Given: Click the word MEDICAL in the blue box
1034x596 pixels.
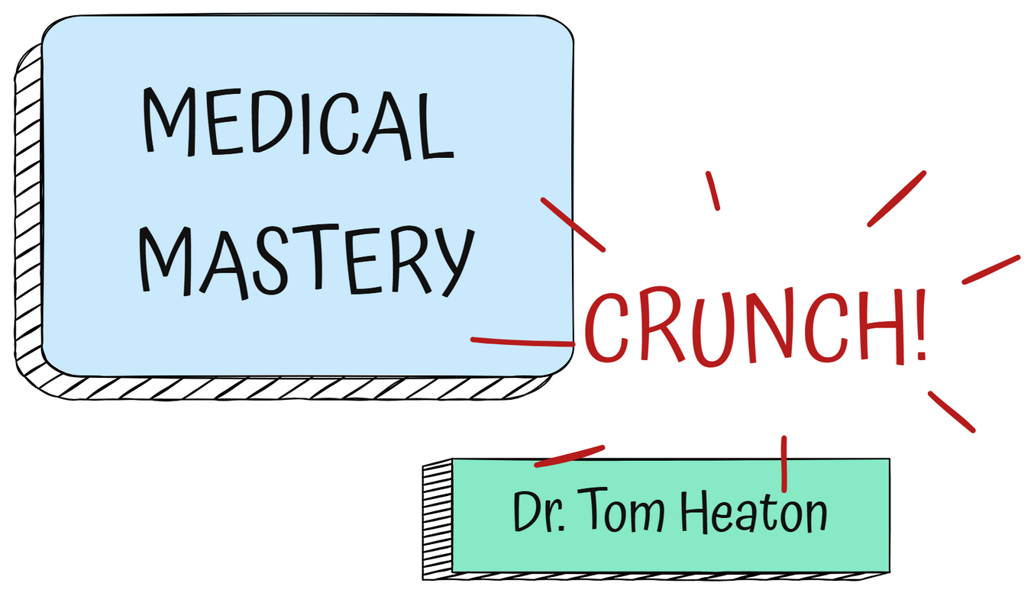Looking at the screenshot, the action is click(x=298, y=123).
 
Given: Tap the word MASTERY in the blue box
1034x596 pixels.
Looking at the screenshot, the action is click(x=307, y=262).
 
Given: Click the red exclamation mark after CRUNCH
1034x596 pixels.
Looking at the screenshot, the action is click(x=921, y=324).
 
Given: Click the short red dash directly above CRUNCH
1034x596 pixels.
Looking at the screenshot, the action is click(x=712, y=191).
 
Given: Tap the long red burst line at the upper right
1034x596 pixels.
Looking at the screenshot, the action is click(x=897, y=199).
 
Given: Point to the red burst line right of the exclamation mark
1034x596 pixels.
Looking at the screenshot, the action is click(x=991, y=269).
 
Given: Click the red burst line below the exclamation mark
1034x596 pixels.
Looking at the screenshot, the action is click(x=952, y=412).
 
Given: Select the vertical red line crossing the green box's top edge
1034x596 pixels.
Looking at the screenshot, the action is click(x=784, y=464).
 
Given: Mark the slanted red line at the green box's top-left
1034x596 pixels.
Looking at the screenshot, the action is click(x=570, y=456).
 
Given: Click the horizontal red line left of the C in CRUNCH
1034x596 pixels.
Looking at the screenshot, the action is click(x=523, y=341).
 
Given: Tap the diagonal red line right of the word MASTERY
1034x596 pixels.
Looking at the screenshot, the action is click(x=573, y=224).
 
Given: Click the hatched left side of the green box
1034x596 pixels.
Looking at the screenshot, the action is click(x=437, y=520).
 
